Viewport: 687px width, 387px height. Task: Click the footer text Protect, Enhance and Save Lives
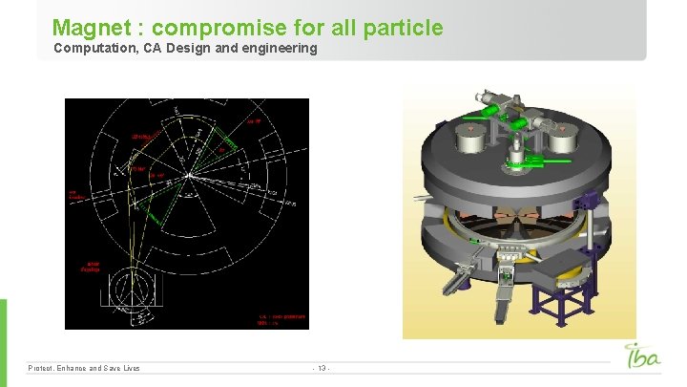pyautogui.click(x=84, y=368)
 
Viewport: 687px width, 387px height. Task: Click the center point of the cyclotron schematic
pyautogui.click(x=190, y=175)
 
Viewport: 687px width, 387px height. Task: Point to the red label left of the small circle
pyautogui.click(x=94, y=267)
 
